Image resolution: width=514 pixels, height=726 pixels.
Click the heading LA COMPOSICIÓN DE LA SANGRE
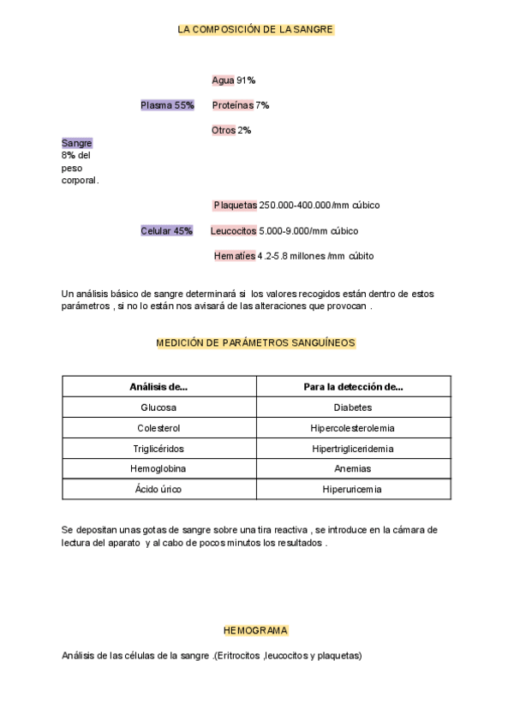point(255,29)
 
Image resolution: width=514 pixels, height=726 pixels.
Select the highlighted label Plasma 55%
point(167,105)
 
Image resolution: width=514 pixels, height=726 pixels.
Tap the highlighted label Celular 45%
point(166,231)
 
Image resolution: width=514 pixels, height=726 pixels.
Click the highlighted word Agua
point(223,80)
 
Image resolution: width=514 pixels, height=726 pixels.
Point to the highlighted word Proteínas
point(232,105)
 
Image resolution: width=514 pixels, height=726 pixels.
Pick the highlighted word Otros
point(224,130)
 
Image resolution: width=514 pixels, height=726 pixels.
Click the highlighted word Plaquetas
point(236,205)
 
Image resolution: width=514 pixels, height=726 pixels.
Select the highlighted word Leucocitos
point(233,231)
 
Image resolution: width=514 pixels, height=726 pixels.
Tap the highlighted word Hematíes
point(235,256)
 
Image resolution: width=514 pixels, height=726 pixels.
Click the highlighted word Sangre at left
point(76,143)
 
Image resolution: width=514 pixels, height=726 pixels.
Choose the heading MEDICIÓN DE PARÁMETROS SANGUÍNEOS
point(255,342)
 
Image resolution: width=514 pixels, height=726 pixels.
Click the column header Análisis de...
point(158,387)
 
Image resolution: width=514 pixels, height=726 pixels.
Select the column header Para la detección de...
point(353,387)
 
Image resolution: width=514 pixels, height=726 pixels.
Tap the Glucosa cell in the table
point(158,408)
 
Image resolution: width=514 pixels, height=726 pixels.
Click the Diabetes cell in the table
point(353,408)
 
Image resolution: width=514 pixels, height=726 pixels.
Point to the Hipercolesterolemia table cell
point(353,428)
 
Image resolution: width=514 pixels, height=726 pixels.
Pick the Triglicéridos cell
point(158,449)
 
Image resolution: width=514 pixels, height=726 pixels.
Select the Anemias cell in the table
point(353,469)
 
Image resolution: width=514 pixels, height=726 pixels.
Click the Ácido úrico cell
point(158,490)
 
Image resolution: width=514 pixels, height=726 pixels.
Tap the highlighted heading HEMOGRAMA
point(255,630)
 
